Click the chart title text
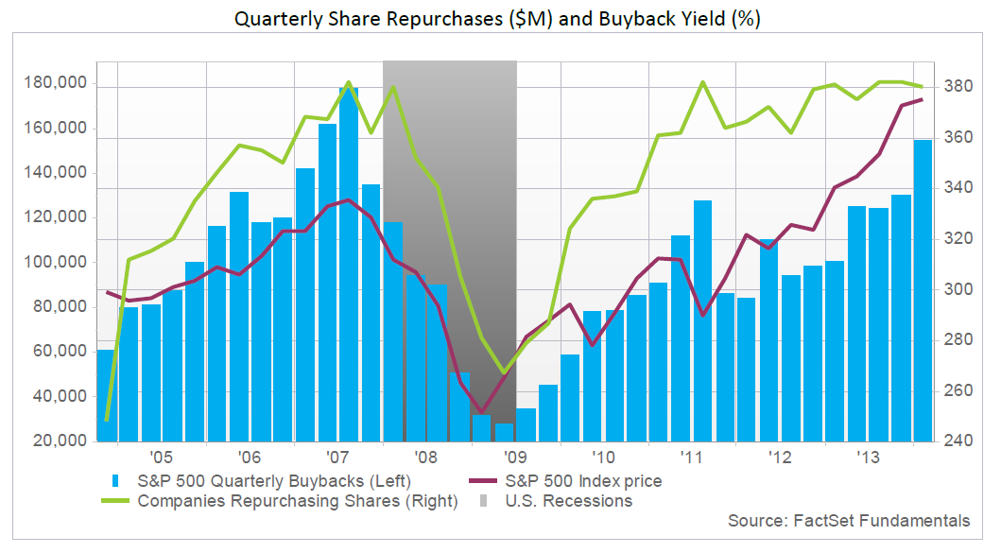[499, 18]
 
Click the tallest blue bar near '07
[349, 265]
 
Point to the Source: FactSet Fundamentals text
[849, 521]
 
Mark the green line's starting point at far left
[107, 419]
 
